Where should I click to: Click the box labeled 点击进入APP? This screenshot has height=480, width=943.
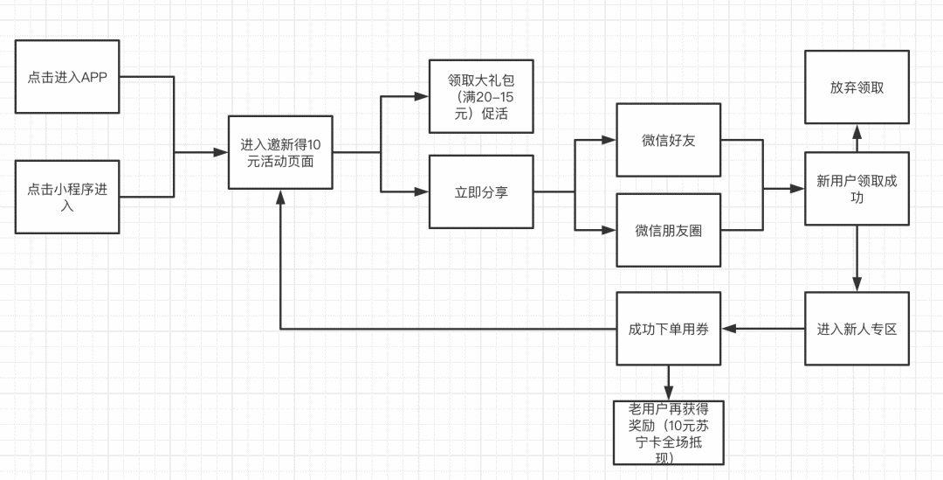click(67, 76)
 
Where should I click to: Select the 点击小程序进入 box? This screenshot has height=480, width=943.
click(67, 197)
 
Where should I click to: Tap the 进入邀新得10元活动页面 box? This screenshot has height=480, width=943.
click(280, 152)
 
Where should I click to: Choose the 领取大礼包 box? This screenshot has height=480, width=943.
click(481, 96)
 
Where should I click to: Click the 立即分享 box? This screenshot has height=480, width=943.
click(481, 192)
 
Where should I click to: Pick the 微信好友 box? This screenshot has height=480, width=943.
click(669, 140)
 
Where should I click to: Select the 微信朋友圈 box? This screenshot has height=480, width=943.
click(669, 231)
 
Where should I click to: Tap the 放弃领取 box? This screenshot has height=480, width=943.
click(857, 87)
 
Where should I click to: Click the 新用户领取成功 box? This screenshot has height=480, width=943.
click(857, 189)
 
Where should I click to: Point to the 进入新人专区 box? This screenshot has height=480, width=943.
click(857, 329)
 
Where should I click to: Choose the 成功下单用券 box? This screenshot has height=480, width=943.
click(669, 329)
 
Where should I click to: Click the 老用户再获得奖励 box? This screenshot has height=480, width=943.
click(669, 433)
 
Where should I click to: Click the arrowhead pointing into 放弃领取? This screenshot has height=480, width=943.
click(857, 131)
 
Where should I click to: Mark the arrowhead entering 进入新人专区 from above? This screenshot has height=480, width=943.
click(857, 286)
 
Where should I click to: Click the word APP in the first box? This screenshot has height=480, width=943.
click(94, 77)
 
